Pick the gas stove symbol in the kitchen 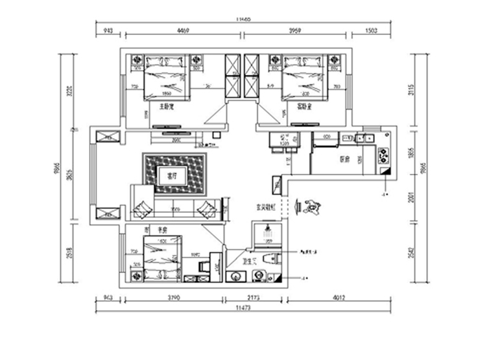[383, 155]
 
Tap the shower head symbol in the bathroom [267, 230]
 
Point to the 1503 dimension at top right [372, 29]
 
